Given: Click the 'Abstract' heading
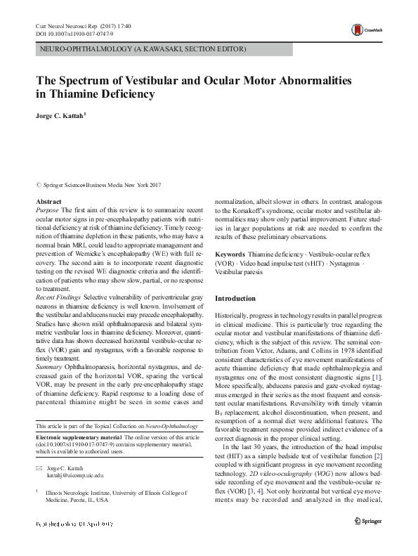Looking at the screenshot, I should (x=48, y=202).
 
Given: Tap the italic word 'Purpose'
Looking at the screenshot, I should (x=47, y=210).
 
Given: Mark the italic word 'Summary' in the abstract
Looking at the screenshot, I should (x=48, y=366).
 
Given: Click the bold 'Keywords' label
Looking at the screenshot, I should (x=230, y=254).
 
